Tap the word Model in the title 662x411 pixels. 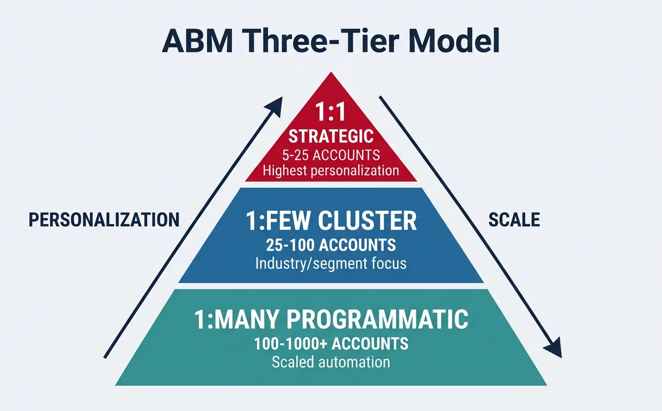454,42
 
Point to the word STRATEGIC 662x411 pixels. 330,136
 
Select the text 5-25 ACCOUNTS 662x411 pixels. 330,154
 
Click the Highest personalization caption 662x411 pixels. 330,170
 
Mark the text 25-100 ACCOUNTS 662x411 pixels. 330,245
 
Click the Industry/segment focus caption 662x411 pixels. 330,263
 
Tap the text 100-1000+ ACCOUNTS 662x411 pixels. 330,344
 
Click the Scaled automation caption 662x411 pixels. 330,362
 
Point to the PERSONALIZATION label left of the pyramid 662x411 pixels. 104,220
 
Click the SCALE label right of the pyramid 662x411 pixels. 514,220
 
